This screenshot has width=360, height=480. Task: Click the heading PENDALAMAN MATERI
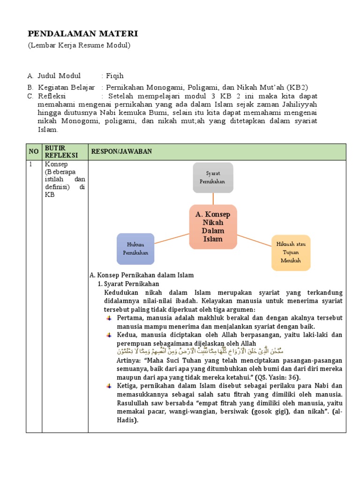pos(82,33)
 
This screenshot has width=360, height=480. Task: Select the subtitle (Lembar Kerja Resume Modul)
pos(79,45)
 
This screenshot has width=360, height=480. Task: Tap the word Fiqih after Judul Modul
pos(115,76)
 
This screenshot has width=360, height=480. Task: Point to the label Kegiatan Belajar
pos(67,87)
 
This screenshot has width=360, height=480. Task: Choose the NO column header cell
pos(34,152)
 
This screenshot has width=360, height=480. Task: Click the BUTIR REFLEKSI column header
pos(59,152)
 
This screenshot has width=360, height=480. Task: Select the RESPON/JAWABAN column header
pos(121,152)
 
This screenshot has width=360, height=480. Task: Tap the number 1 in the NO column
pos(31,165)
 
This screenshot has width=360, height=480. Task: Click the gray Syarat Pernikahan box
pos(213,178)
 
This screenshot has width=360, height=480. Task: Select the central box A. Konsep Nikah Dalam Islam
pos(213,227)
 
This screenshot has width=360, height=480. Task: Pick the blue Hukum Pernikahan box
pos(135,249)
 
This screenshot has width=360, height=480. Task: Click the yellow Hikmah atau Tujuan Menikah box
pos(291,253)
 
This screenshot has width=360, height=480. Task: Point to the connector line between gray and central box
pos(213,199)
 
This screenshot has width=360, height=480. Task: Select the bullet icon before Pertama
pos(109,318)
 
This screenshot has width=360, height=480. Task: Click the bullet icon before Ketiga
pos(109,386)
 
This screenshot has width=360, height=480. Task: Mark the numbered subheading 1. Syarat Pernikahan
pos(128,284)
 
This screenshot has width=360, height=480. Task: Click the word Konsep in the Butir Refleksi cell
pos(56,165)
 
